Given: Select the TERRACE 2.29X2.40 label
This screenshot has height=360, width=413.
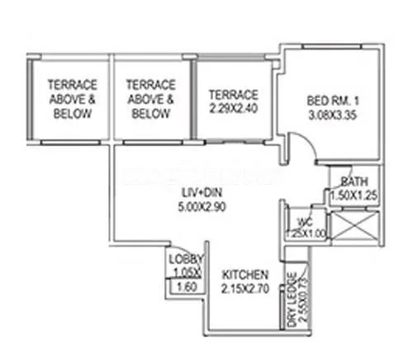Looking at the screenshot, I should [234, 93].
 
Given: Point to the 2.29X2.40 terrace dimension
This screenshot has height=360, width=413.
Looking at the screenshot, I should [234, 107].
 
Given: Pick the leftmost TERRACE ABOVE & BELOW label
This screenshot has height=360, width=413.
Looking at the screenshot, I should [71, 99].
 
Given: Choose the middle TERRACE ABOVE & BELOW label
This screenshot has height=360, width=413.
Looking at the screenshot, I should [151, 99].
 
